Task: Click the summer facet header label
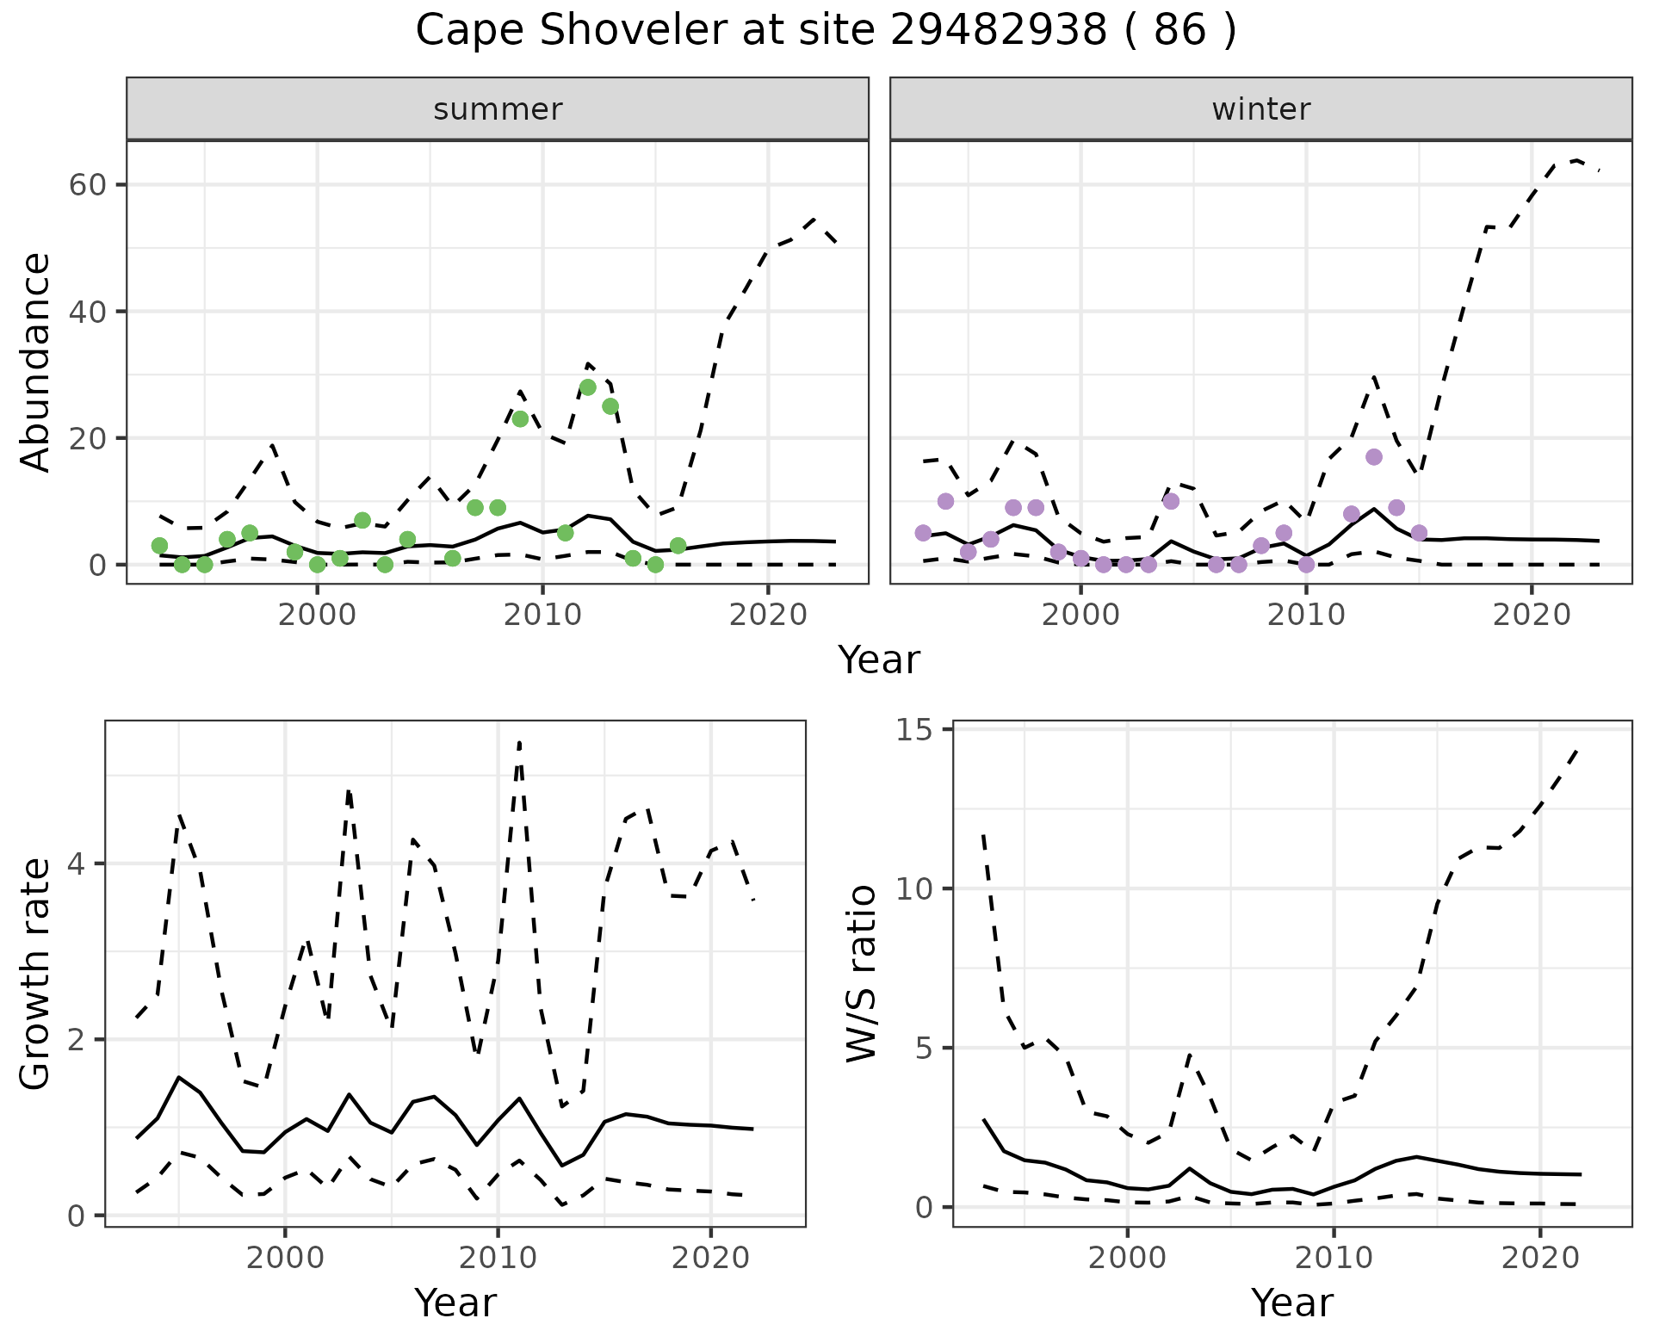pyautogui.click(x=498, y=109)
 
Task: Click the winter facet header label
pyautogui.click(x=1260, y=109)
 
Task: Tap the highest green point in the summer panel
pyautogui.click(x=588, y=387)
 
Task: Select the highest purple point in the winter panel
pyautogui.click(x=1374, y=457)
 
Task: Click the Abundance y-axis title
pyautogui.click(x=36, y=362)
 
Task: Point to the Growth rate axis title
pyautogui.click(x=36, y=975)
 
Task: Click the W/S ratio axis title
pyautogui.click(x=861, y=974)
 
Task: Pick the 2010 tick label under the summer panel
pyautogui.click(x=542, y=616)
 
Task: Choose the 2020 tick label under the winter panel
pyautogui.click(x=1532, y=616)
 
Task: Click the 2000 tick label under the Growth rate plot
pyautogui.click(x=285, y=1258)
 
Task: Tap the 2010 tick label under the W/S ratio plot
pyautogui.click(x=1334, y=1258)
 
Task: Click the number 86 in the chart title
pyautogui.click(x=1180, y=31)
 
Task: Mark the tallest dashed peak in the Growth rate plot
pyautogui.click(x=519, y=741)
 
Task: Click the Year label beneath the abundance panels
pyautogui.click(x=879, y=660)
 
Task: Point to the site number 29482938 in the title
pyautogui.click(x=998, y=31)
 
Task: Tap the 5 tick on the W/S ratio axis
pyautogui.click(x=926, y=1049)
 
